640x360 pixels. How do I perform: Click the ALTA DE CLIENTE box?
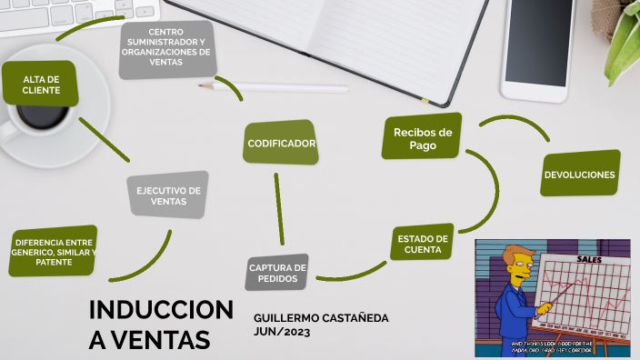tap(41, 85)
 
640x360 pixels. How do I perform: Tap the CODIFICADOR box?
tap(281, 143)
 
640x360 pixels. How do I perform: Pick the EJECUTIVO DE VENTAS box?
tap(168, 195)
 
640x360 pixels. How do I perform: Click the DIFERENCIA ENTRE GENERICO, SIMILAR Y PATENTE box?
tap(54, 250)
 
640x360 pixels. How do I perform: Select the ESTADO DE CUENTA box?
tap(423, 244)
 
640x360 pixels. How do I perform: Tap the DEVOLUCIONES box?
tap(579, 174)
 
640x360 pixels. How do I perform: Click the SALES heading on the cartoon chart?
tap(588, 259)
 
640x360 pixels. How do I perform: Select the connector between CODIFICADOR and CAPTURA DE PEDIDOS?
tap(278, 207)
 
